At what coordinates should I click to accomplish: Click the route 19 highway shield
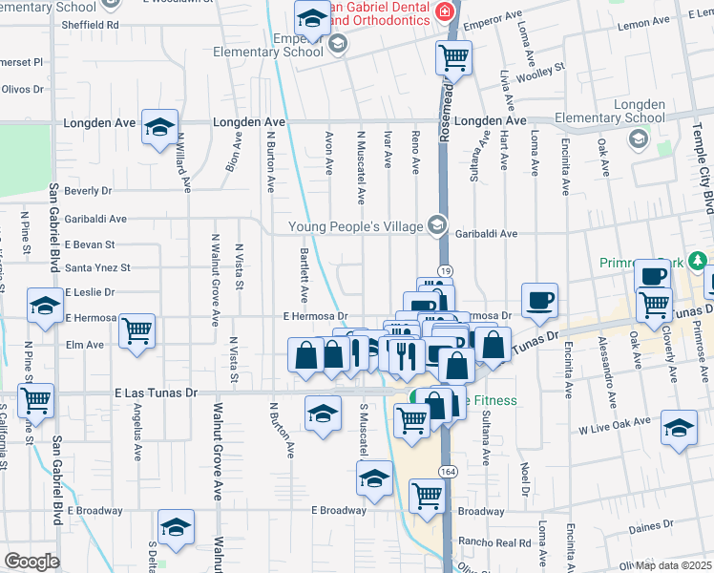[446, 273]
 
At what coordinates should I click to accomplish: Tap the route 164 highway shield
[447, 472]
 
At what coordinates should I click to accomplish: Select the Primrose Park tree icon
[700, 261]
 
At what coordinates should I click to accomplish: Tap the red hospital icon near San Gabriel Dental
[444, 11]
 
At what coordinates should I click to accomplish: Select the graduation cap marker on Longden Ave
[159, 127]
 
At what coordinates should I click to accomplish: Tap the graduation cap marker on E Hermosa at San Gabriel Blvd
[45, 306]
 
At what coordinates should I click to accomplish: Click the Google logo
[31, 562]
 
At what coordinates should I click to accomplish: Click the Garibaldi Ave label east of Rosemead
[486, 233]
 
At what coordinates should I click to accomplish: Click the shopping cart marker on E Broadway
[427, 496]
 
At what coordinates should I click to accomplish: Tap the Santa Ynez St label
[96, 268]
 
